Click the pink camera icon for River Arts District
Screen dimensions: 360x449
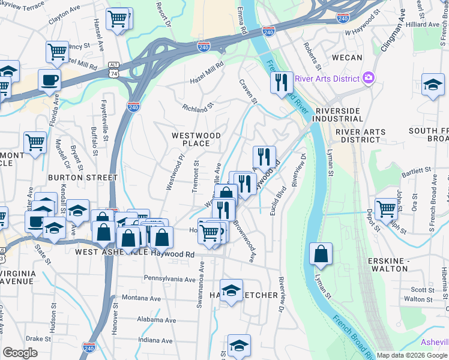click(369, 77)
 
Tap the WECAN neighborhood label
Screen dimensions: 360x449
click(347, 58)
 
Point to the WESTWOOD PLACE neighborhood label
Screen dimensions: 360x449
click(196, 139)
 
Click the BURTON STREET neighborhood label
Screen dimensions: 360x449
click(83, 178)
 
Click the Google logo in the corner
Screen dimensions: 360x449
click(20, 353)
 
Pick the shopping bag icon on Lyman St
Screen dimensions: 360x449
click(321, 254)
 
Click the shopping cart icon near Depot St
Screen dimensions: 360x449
click(386, 209)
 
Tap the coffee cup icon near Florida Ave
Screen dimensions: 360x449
click(49, 80)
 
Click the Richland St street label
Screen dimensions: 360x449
click(199, 108)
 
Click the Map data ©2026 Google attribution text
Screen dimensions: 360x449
click(412, 355)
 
